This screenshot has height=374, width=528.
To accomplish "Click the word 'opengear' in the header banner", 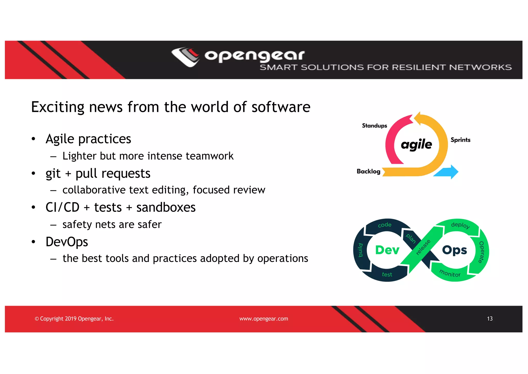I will (x=254, y=56).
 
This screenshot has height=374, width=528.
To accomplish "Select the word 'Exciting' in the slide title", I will (x=57, y=107).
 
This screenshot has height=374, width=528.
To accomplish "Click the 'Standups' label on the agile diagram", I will (x=374, y=126).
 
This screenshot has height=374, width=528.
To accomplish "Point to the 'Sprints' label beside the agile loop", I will (x=460, y=140).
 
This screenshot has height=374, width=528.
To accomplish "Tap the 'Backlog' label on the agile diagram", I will (x=368, y=172).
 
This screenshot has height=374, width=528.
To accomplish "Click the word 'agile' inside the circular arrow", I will (x=416, y=144).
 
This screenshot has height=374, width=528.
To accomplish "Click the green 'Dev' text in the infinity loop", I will (x=387, y=250).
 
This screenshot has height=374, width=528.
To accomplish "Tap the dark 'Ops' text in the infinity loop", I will (x=455, y=250).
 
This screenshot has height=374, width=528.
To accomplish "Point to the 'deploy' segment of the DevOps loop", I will (x=460, y=225).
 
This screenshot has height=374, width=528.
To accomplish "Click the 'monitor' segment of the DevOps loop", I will (x=450, y=273).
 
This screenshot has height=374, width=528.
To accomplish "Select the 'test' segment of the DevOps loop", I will (x=387, y=275).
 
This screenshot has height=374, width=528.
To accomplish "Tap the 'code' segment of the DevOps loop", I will (x=384, y=225).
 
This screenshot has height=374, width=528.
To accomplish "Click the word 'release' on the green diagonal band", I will (x=423, y=247).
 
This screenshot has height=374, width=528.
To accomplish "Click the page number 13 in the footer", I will (x=490, y=319).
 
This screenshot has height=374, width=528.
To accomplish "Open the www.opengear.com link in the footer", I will (x=263, y=319).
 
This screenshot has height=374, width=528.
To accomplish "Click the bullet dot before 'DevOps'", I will (x=33, y=242).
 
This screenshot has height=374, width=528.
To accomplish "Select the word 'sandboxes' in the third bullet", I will (x=166, y=207).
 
